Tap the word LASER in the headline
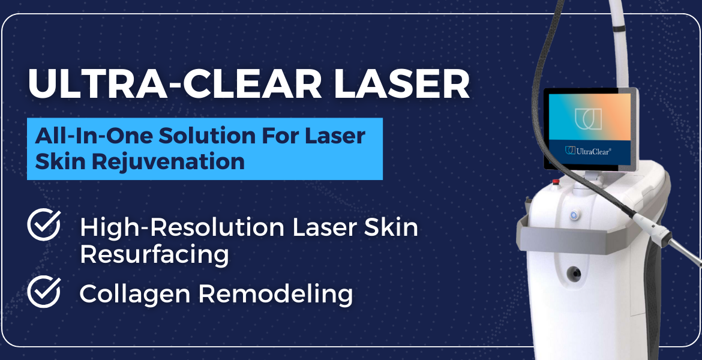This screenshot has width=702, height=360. pyautogui.click(x=401, y=83)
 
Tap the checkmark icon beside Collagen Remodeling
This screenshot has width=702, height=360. pyautogui.click(x=44, y=292)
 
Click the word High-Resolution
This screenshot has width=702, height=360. pyautogui.click(x=182, y=227)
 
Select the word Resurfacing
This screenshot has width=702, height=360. pyautogui.click(x=154, y=254)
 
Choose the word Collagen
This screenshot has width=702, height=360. pyautogui.click(x=135, y=294)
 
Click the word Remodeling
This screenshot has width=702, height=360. pyautogui.click(x=276, y=294)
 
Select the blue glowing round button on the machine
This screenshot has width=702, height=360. pyautogui.click(x=574, y=215)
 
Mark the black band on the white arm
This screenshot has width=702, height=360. pyautogui.click(x=619, y=29)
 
